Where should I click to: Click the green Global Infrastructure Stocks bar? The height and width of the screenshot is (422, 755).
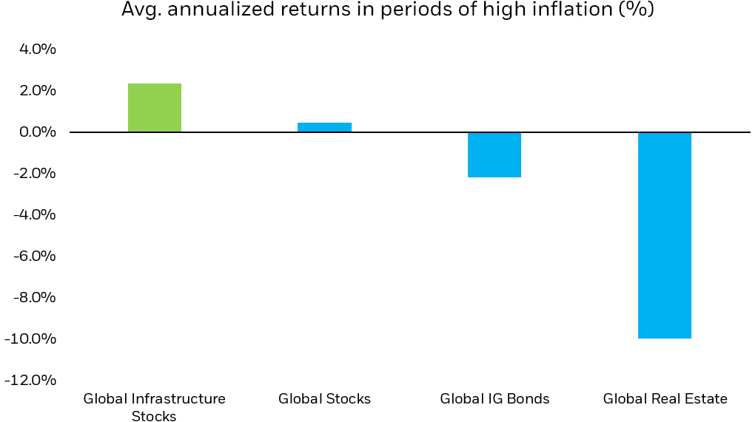[x=155, y=108]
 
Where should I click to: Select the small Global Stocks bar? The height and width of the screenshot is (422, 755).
[x=324, y=127]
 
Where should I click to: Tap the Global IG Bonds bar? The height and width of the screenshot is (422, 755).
[x=494, y=154]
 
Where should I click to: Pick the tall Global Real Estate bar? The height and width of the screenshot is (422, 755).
[x=664, y=235]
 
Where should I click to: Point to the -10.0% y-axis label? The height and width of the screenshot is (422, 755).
[x=30, y=339]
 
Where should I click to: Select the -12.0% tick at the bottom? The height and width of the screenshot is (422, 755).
[x=30, y=381]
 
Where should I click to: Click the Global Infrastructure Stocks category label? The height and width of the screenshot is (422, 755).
[x=154, y=407]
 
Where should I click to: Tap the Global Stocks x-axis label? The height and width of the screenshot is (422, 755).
[x=324, y=399]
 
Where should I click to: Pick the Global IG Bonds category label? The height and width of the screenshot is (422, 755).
[x=494, y=399]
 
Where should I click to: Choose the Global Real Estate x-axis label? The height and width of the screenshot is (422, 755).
[x=665, y=399]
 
